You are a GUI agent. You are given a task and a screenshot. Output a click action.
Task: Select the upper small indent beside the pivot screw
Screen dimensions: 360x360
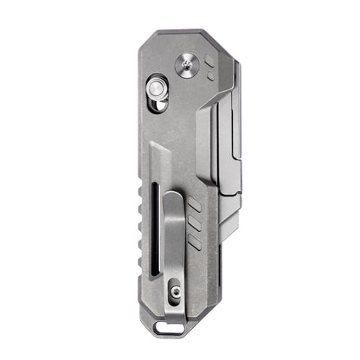click(x=209, y=60)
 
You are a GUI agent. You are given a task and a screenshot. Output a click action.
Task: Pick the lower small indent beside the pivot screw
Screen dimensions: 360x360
click(x=210, y=75)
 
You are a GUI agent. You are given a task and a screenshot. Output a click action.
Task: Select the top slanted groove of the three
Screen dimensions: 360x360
click(x=194, y=206)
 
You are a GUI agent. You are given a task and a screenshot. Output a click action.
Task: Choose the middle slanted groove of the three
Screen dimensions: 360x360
click(x=194, y=224)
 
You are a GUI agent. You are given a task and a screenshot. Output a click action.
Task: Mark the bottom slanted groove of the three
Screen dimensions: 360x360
click(x=194, y=242)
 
